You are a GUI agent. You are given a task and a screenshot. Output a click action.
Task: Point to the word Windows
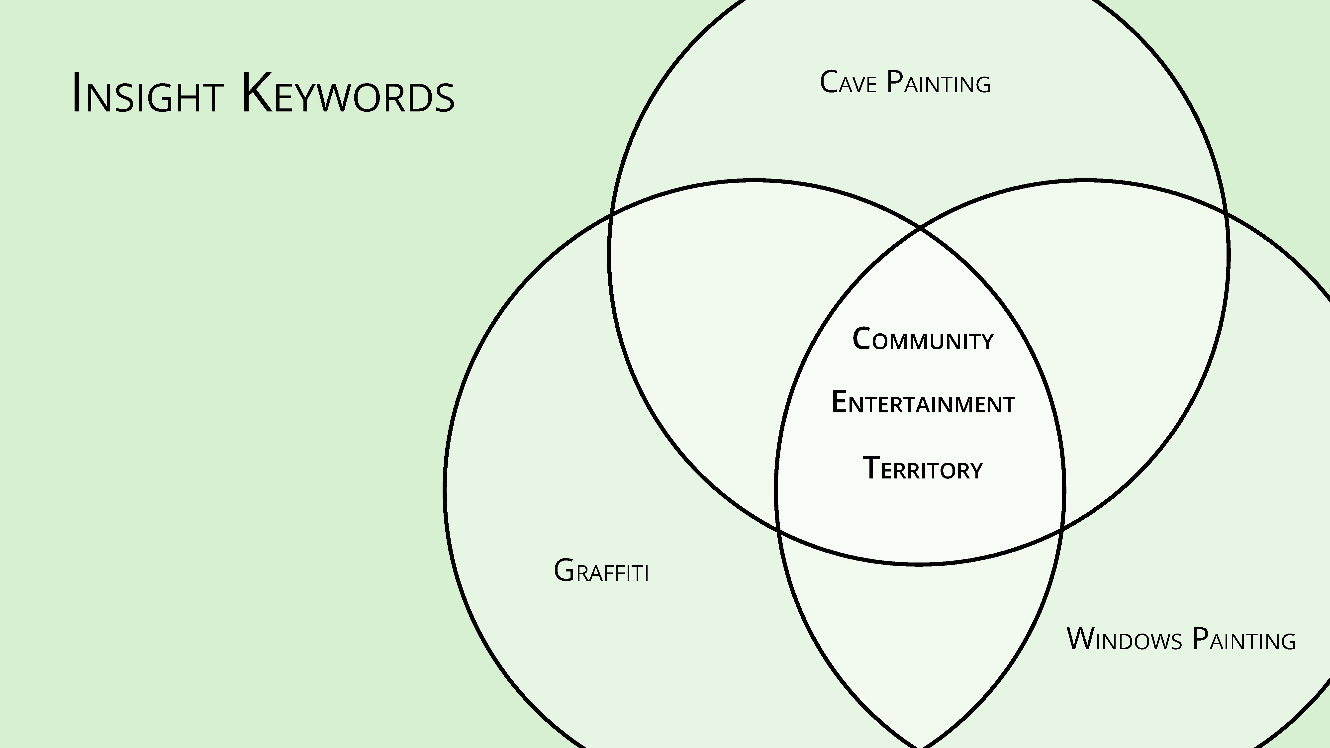(x=1125, y=640)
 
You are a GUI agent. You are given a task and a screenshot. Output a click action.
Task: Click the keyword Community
(x=923, y=340)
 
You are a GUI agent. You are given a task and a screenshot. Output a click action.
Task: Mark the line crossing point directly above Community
(x=920, y=228)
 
